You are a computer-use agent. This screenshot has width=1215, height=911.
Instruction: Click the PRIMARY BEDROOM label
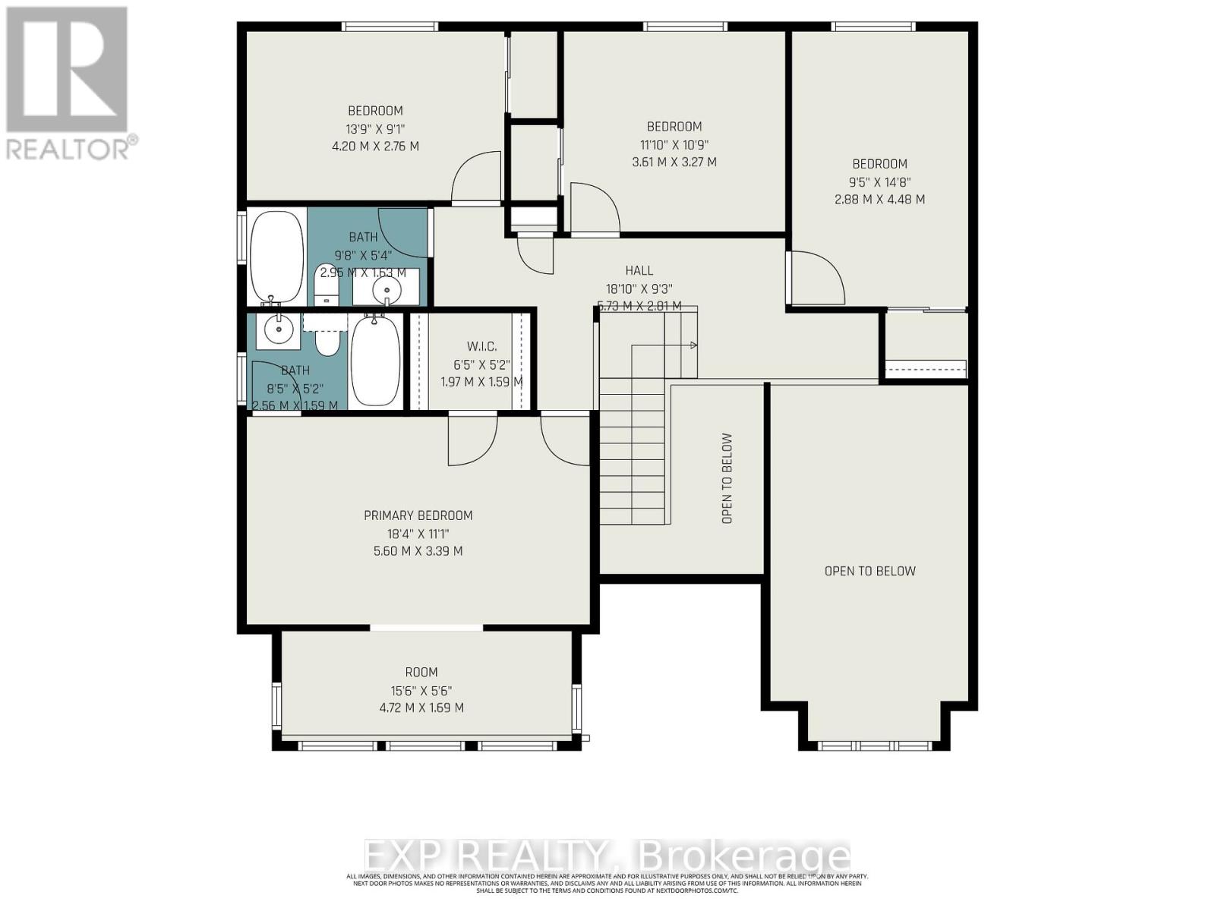coord(418,515)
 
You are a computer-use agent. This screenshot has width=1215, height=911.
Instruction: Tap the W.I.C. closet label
coord(481,346)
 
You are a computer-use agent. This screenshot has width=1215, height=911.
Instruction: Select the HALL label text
coord(639,270)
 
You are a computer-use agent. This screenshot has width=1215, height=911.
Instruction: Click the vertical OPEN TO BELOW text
coord(727,478)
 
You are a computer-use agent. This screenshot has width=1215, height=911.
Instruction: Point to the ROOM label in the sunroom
coord(421,672)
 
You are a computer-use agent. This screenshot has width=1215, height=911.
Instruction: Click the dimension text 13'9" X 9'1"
coord(375,128)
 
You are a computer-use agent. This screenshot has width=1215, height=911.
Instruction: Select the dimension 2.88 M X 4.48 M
coord(879,200)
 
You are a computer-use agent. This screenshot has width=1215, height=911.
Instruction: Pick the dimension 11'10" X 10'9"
coord(674,144)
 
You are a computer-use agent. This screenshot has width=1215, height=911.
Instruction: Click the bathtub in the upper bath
coord(276,256)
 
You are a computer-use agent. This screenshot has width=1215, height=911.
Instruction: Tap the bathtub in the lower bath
coord(375,362)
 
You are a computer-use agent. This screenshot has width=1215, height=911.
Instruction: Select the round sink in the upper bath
coord(387,288)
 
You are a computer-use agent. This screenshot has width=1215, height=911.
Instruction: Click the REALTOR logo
coord(68,84)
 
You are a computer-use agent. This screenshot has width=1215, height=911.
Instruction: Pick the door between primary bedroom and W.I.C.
coord(472,440)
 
